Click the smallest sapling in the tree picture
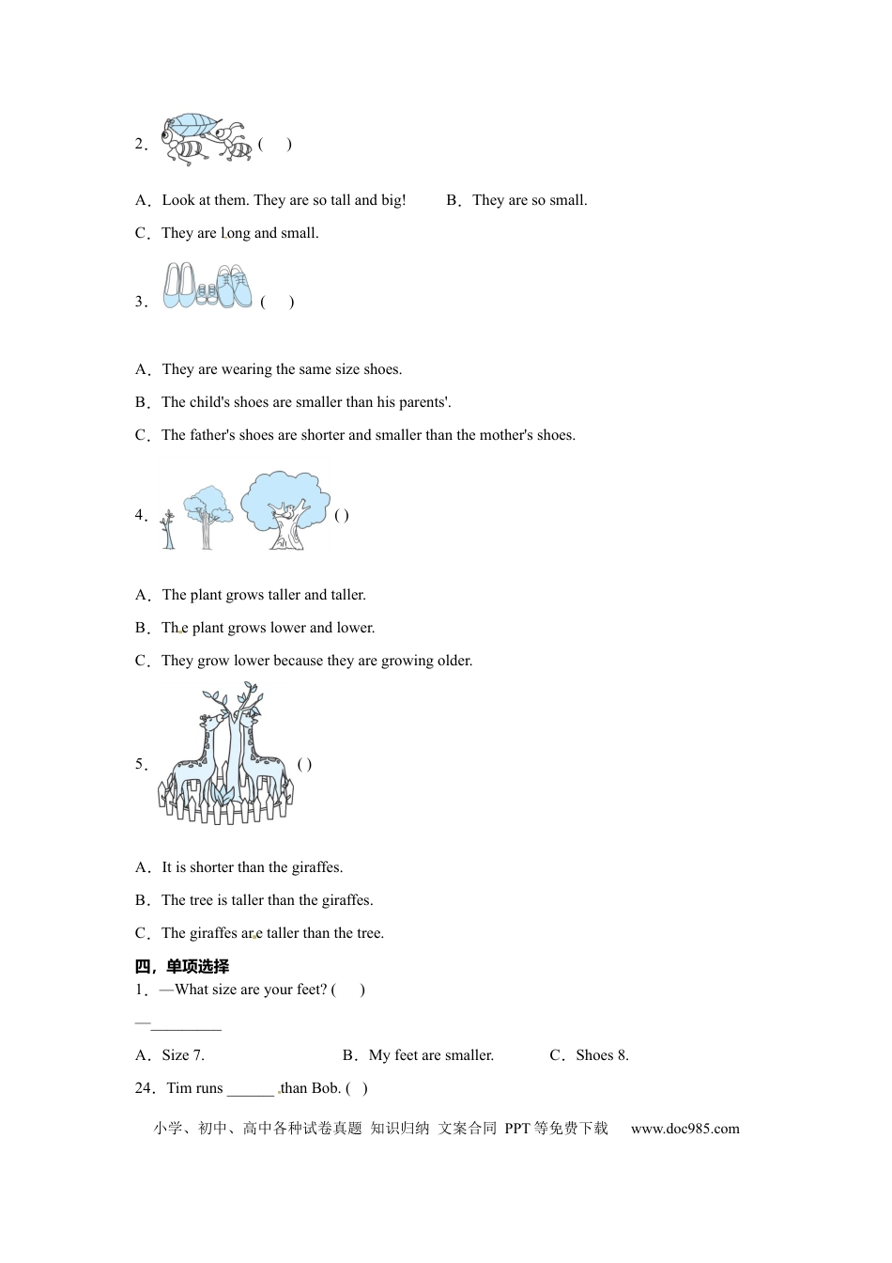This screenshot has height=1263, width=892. point(168,530)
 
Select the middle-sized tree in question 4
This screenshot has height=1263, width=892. point(207,516)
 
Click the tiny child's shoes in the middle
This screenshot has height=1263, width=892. point(208,295)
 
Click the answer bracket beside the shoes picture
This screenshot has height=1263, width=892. point(277,302)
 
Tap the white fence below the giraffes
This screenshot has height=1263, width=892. point(225,803)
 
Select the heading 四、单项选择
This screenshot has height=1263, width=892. point(182,966)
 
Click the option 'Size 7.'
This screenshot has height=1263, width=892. point(183,1055)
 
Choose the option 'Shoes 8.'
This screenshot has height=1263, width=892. point(601,1055)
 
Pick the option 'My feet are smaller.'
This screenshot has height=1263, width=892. point(431,1055)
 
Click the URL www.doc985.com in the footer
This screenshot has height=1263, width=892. point(684,1129)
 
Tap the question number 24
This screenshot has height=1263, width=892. point(144,1088)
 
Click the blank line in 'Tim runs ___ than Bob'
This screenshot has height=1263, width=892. point(250,1090)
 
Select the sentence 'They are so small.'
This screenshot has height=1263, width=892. point(530,200)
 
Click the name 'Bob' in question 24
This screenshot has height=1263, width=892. point(325,1088)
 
